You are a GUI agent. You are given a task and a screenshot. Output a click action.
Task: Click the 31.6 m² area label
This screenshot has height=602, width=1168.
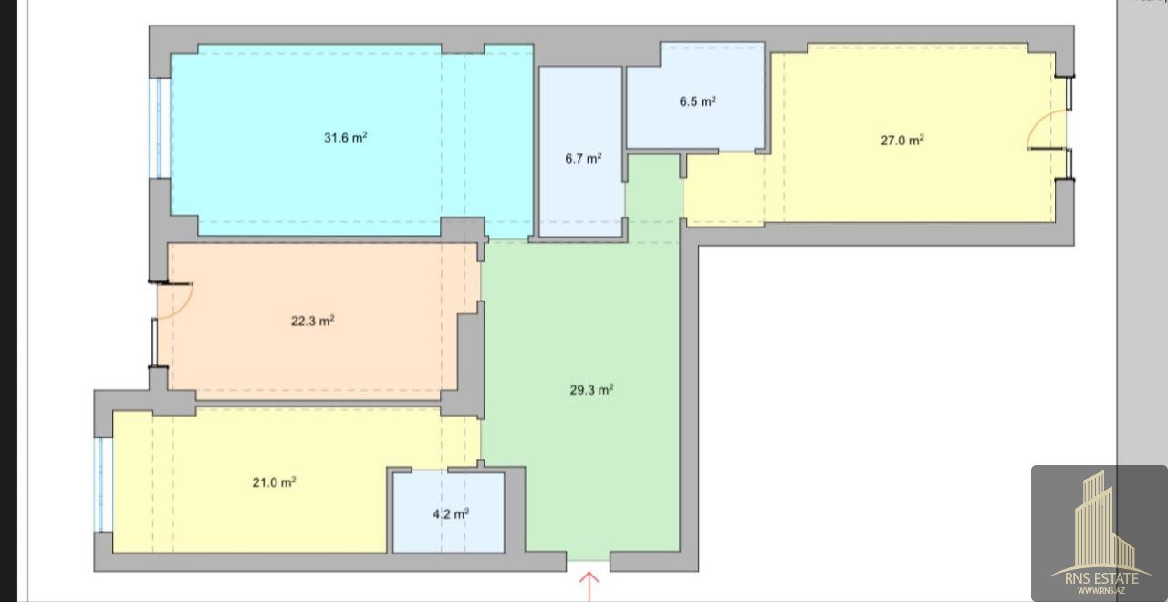(345, 138)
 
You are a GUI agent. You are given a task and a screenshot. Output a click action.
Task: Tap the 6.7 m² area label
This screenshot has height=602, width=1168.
(583, 158)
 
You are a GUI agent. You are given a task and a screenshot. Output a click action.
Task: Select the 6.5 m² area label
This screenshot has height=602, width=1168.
(698, 101)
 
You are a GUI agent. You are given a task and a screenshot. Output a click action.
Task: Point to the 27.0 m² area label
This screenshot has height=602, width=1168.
(902, 140)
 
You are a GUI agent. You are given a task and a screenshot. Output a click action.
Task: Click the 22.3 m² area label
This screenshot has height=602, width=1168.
(312, 321)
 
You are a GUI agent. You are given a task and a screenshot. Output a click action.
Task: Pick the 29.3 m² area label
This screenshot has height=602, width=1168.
(591, 389)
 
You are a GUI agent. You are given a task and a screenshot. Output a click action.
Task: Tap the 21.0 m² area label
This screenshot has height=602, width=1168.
(274, 482)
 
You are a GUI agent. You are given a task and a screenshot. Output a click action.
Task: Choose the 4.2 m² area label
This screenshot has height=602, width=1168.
(451, 513)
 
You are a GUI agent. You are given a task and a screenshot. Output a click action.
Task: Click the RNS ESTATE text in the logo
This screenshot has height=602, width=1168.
(1101, 578)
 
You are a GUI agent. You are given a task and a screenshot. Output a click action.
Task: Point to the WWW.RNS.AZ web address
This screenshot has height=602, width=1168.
(1101, 590)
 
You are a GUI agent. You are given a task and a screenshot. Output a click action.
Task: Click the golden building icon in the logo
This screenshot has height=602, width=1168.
(1100, 523)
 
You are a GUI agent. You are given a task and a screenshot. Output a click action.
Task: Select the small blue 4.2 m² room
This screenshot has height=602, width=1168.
(448, 512)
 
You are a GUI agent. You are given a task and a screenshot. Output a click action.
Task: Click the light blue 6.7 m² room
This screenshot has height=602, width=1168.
(581, 152)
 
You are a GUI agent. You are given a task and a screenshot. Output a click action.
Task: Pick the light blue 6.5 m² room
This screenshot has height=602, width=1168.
(695, 96)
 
